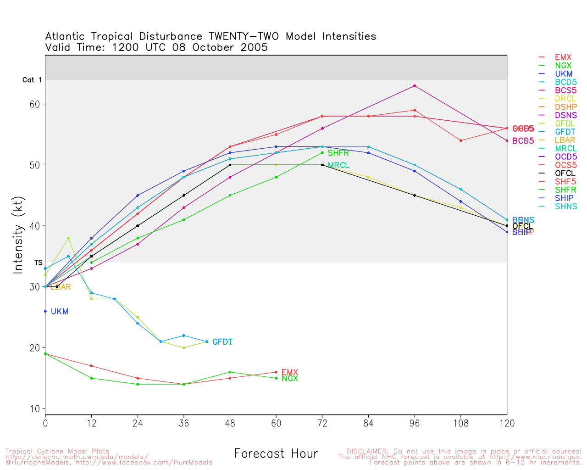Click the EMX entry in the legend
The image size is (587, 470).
[x=563, y=57]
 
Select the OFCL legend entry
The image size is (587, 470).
[x=565, y=173]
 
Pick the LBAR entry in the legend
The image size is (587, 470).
[x=565, y=140]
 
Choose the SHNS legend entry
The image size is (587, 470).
[x=566, y=207]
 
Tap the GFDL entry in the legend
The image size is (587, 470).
[x=565, y=124]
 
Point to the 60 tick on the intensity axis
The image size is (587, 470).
[x=35, y=104]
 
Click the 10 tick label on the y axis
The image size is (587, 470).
[x=35, y=409]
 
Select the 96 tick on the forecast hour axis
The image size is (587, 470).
[x=415, y=423]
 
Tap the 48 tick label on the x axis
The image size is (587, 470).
[x=230, y=423]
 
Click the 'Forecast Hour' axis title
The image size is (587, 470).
[x=276, y=453]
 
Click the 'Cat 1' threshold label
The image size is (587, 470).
[x=32, y=80]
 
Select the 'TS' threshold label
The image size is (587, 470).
[x=39, y=263]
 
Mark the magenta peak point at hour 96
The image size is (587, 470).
[x=415, y=86]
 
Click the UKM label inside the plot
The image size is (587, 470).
[x=60, y=312]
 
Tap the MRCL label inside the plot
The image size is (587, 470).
[x=338, y=165]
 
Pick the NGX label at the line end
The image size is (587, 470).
[x=290, y=379]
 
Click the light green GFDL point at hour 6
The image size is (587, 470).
[x=68, y=238]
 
